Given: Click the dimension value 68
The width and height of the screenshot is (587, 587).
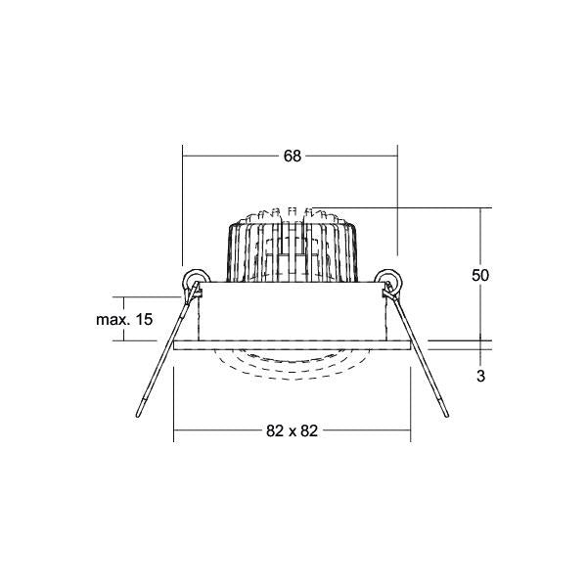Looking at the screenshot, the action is [x=292, y=157].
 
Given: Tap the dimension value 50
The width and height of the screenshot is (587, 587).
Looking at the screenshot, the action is [x=480, y=276].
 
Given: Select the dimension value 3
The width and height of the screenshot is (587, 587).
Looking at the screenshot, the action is [x=480, y=376].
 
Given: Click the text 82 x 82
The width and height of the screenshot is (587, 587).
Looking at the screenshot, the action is [x=292, y=430].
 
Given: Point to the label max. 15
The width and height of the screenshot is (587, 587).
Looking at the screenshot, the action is [x=124, y=320].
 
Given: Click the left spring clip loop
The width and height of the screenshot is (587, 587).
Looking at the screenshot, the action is [x=196, y=279].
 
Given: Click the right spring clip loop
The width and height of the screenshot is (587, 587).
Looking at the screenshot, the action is [x=388, y=279].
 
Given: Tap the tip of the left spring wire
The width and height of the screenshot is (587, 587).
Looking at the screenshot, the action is [x=138, y=416].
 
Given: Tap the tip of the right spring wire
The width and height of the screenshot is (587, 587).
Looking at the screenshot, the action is [x=447, y=416].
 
